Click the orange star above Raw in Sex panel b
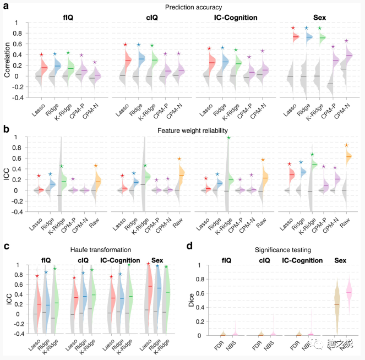click(346, 145)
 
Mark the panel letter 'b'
click(6, 130)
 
